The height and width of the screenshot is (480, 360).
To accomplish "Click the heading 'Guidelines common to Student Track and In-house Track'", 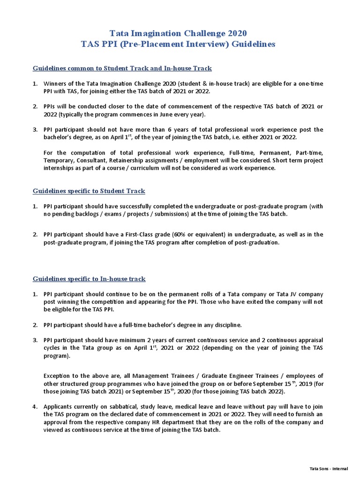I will coord(122,68).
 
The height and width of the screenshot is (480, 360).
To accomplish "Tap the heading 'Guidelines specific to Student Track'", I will coord(89,191).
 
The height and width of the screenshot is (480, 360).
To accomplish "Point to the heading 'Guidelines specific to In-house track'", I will coord(89,278).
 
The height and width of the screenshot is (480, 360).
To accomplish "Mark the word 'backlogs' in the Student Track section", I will coord(91,214).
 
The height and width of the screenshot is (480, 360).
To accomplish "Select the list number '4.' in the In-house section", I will coord(35,406).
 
